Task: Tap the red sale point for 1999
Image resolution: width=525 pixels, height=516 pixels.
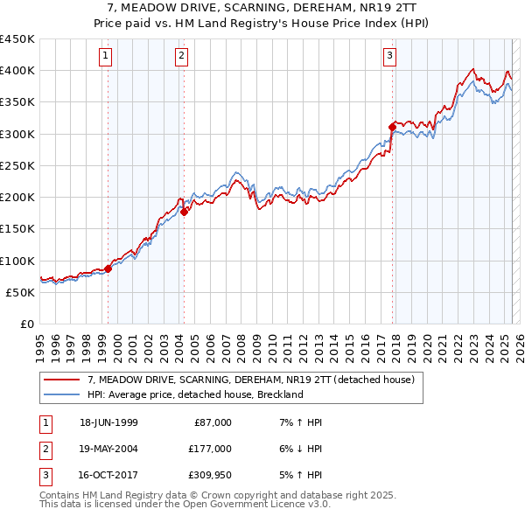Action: click(x=108, y=268)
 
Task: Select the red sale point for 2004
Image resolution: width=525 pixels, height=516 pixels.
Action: click(x=185, y=211)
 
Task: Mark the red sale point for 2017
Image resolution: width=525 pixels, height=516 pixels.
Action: click(x=392, y=127)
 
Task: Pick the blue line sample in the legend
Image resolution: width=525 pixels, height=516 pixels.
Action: click(x=61, y=394)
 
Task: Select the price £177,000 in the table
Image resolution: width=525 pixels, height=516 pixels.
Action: click(x=210, y=449)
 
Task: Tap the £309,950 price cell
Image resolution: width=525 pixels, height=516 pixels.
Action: click(x=210, y=475)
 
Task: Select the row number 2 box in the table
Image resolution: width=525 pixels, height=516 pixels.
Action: click(x=45, y=449)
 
